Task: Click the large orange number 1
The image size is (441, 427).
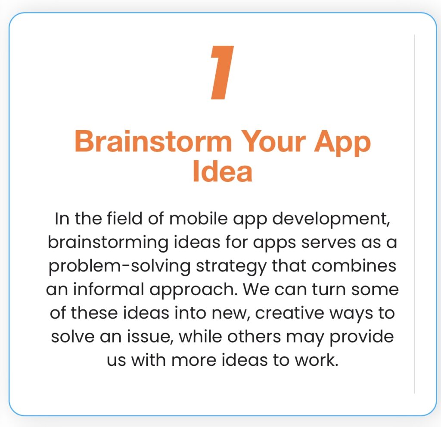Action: coord(222,72)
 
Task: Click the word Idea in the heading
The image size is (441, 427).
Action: coord(222,171)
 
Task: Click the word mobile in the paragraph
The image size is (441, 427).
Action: coord(198,218)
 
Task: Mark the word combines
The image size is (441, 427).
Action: coord(354,266)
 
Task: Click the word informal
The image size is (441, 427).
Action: coord(109,289)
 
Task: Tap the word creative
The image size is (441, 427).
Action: coord(289,313)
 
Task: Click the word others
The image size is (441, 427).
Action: coord(254,337)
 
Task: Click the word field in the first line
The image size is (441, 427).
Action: coord(124,218)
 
